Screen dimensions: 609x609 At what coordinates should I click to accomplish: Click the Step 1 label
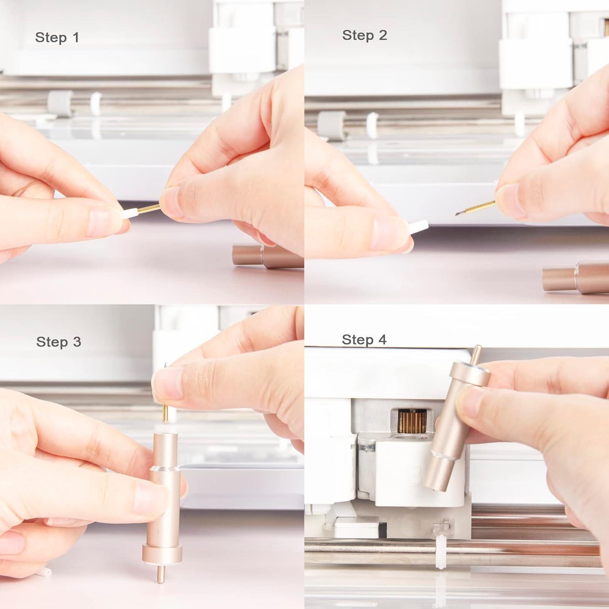57,37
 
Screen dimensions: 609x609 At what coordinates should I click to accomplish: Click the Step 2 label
365,35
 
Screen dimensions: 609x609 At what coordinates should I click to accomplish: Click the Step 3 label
58,342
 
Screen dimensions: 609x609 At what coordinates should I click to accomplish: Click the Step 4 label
364,339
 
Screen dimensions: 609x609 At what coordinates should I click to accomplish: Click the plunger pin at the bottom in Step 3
161,573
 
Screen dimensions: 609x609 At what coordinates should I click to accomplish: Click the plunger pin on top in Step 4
476,355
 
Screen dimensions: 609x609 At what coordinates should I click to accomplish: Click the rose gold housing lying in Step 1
268,255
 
